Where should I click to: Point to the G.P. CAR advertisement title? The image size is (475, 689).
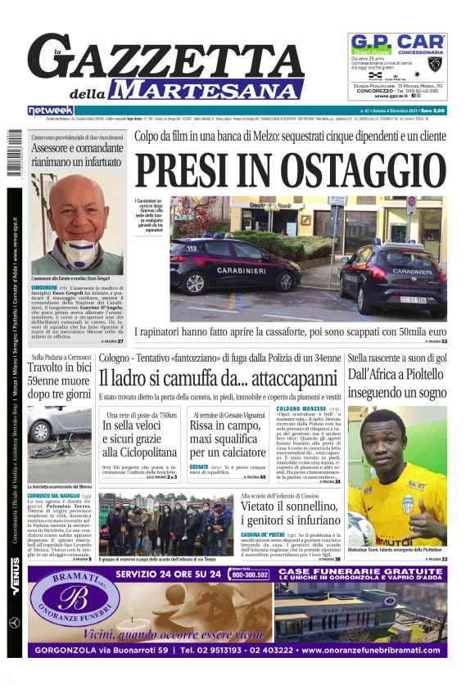pos(397,42)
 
